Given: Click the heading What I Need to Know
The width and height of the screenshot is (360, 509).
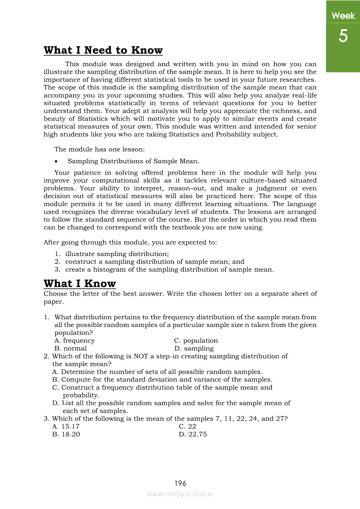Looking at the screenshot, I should pos(103,51).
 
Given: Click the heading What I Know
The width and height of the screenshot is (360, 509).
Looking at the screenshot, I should pos(80,284).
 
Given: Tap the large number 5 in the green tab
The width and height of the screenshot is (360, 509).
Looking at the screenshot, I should pos(343,36).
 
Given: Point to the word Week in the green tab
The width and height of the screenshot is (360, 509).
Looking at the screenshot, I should pos(343,16).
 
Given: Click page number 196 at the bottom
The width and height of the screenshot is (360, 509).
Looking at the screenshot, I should pos(180,483).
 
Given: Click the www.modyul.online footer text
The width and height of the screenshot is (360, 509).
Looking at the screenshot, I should pos(180,494).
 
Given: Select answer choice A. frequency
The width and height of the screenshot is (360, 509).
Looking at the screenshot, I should pos(75,340).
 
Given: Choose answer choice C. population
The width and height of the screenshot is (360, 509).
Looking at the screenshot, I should pos(196,340).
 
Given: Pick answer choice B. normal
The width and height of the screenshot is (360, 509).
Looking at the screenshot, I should pos(71,348).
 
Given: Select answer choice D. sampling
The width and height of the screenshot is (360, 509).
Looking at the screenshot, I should pos(194,348).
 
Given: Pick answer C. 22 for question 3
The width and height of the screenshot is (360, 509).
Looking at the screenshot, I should pos(187,426).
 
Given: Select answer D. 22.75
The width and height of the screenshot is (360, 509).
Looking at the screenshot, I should pos(193,434).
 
